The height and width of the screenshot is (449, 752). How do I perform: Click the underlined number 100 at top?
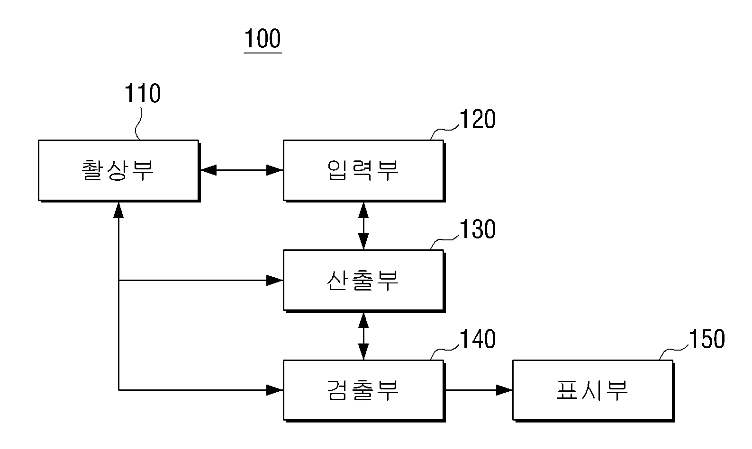pos(263,39)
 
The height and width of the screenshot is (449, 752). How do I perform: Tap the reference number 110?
pos(143,93)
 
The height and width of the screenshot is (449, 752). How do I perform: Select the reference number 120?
pos(477,119)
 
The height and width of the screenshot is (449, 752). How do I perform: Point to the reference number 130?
pos(477,229)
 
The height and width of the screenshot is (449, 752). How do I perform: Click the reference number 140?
pos(477,339)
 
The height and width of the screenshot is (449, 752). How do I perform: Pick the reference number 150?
pos(707,339)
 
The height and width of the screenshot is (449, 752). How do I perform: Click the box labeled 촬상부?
pos(119,171)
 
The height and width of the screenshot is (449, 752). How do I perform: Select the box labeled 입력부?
pos(364,171)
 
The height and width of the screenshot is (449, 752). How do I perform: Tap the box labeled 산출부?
pos(364,281)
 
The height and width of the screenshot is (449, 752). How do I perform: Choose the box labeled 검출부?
pos(364,391)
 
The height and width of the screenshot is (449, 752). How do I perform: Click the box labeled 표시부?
pos(594,391)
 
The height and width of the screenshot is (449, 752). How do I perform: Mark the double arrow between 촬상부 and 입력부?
pos(242,170)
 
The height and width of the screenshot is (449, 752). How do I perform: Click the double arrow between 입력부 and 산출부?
pos(363,226)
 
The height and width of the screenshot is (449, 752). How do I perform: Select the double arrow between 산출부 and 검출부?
pos(363,336)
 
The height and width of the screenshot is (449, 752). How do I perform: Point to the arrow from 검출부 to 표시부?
pos(479,390)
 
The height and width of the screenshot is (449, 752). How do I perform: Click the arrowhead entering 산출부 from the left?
pos(275,280)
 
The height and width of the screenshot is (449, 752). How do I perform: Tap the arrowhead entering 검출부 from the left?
pos(275,390)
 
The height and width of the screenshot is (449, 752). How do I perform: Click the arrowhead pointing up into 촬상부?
pos(118,210)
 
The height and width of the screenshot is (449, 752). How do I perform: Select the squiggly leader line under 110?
pos(137,123)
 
